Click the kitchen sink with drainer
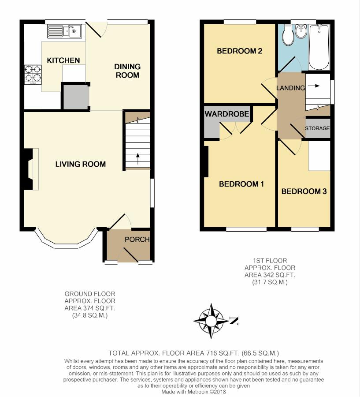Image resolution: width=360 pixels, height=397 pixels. pyautogui.click(x=64, y=31)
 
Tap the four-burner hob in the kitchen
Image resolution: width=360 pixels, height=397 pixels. pyautogui.click(x=33, y=75)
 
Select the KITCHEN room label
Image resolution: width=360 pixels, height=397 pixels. pyautogui.click(x=63, y=60)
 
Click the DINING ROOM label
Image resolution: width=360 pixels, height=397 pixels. pyautogui.click(x=127, y=71)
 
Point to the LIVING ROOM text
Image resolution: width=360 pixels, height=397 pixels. pyautogui.click(x=81, y=164)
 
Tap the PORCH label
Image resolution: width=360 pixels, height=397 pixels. pyautogui.click(x=137, y=239)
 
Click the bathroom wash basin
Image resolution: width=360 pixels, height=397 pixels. pyautogui.click(x=301, y=31)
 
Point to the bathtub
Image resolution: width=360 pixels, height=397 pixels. pyautogui.click(x=319, y=47)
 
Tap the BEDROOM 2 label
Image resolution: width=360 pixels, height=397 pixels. pyautogui.click(x=239, y=51)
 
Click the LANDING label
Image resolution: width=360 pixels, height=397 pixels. pyautogui.click(x=290, y=88)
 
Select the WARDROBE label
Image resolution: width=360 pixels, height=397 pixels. pyautogui.click(x=227, y=114)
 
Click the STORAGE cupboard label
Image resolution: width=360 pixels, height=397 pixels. pyautogui.click(x=317, y=128)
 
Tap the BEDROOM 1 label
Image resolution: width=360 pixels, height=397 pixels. pyautogui.click(x=241, y=184)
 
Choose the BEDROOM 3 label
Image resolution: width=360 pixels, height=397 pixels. pyautogui.click(x=304, y=191)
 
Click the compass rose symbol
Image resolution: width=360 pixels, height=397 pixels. pyautogui.click(x=211, y=321)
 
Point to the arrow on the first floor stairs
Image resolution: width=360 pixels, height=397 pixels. pyautogui.click(x=314, y=86)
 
